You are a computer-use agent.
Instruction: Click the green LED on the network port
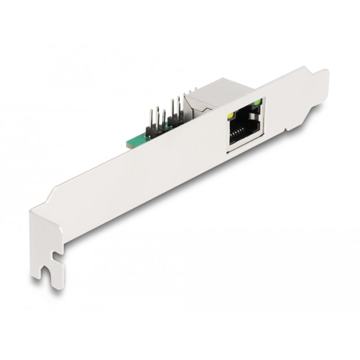pos(257,104)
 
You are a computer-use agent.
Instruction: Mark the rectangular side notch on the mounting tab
pos(58,257)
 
